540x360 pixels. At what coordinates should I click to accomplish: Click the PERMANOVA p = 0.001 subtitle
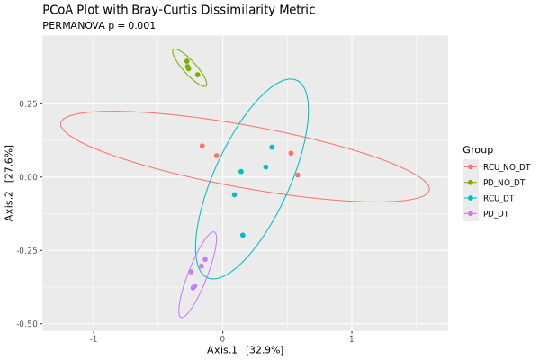click(x=99, y=25)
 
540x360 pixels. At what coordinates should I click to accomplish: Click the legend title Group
click(x=477, y=149)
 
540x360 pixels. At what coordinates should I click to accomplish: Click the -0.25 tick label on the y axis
click(x=25, y=250)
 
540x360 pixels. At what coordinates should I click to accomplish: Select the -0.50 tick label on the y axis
click(x=25, y=324)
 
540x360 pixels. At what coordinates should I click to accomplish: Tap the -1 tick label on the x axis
click(x=93, y=338)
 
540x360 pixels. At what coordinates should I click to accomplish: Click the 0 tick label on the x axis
click(x=222, y=338)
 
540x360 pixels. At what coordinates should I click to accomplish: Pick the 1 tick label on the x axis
click(x=352, y=338)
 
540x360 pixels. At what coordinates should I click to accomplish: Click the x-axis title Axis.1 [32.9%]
click(x=245, y=349)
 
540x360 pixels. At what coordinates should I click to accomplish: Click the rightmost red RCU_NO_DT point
click(x=298, y=175)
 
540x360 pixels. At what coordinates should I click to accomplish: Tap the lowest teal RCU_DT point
click(x=243, y=236)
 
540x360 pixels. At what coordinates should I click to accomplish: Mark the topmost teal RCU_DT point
click(x=272, y=148)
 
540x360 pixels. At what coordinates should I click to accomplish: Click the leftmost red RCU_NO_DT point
click(x=202, y=146)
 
